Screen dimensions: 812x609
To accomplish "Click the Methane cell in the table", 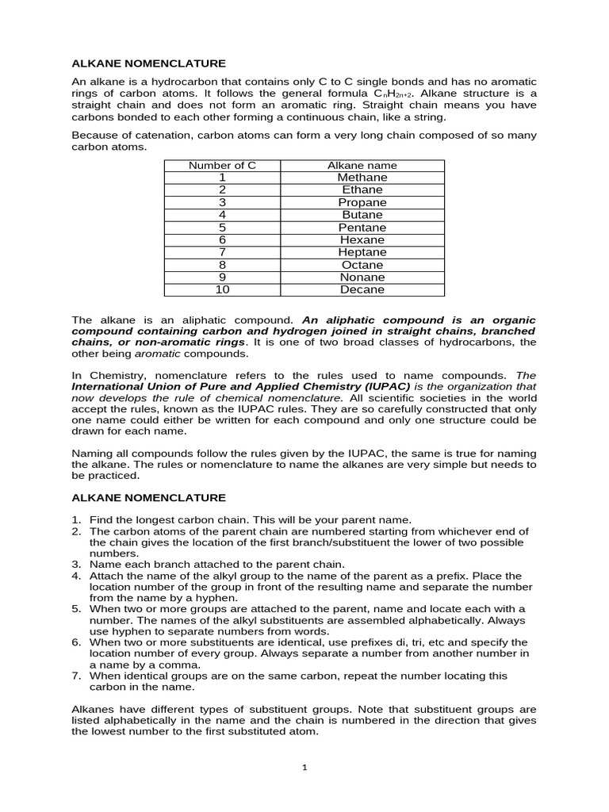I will tap(362, 178).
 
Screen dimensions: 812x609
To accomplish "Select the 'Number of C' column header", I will tap(222, 165).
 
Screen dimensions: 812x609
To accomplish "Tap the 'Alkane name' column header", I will tap(362, 165).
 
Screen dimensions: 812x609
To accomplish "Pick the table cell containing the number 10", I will tap(222, 290).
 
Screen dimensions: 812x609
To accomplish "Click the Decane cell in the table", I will tap(362, 290).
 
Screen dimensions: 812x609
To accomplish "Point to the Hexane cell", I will tap(362, 240).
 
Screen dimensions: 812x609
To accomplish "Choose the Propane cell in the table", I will tap(362, 203).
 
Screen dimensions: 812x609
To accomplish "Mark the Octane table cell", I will tap(362, 265).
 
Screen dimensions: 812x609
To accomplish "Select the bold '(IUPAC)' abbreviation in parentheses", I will tap(378, 386).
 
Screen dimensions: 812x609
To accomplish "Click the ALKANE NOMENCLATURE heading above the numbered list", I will tap(149, 498).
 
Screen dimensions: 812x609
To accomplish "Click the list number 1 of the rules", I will tap(77, 520).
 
